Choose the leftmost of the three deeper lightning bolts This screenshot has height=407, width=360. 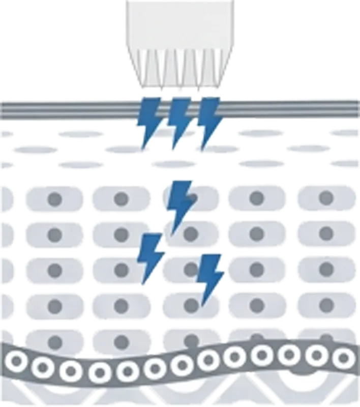pos(152,257)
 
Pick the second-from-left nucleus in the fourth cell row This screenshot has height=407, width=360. pos(121,305)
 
